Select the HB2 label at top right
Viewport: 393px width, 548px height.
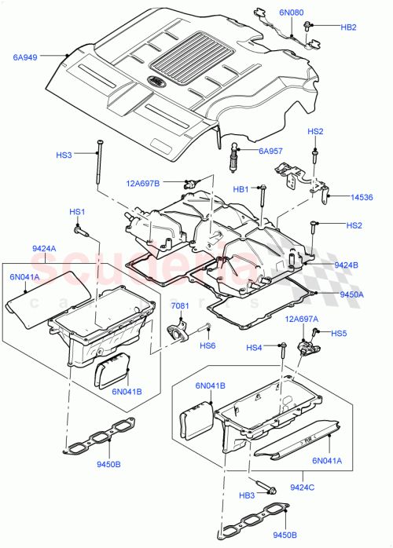point(348,27)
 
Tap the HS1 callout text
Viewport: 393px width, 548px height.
point(77,212)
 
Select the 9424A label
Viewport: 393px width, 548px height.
point(45,249)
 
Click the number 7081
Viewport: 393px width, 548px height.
point(181,304)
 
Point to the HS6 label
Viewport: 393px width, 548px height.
point(208,345)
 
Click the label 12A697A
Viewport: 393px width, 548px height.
point(302,319)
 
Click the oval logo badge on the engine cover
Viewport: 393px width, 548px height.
point(156,80)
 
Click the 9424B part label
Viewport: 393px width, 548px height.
point(346,265)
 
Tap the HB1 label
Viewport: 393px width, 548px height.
point(241,189)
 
